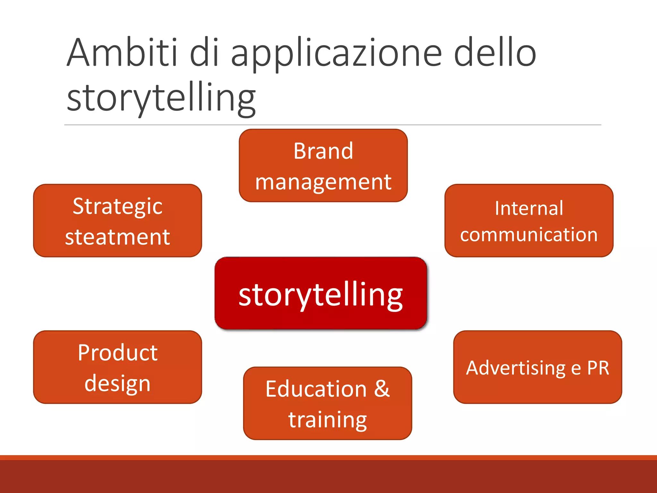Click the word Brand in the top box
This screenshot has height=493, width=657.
point(323,151)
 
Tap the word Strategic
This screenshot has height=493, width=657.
point(117,206)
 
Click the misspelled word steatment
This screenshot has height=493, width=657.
point(117,237)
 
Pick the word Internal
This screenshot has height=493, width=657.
point(529,208)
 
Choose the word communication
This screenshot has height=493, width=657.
point(529,235)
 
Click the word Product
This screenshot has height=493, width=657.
point(117,353)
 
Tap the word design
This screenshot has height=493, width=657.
point(117,384)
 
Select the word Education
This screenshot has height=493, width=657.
point(316,389)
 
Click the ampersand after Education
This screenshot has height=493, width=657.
point(382,389)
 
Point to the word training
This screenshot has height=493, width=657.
point(328,420)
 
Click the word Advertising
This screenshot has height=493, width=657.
point(516,368)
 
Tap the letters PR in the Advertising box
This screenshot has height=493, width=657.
point(598,368)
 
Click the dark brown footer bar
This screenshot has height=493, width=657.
point(328,477)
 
